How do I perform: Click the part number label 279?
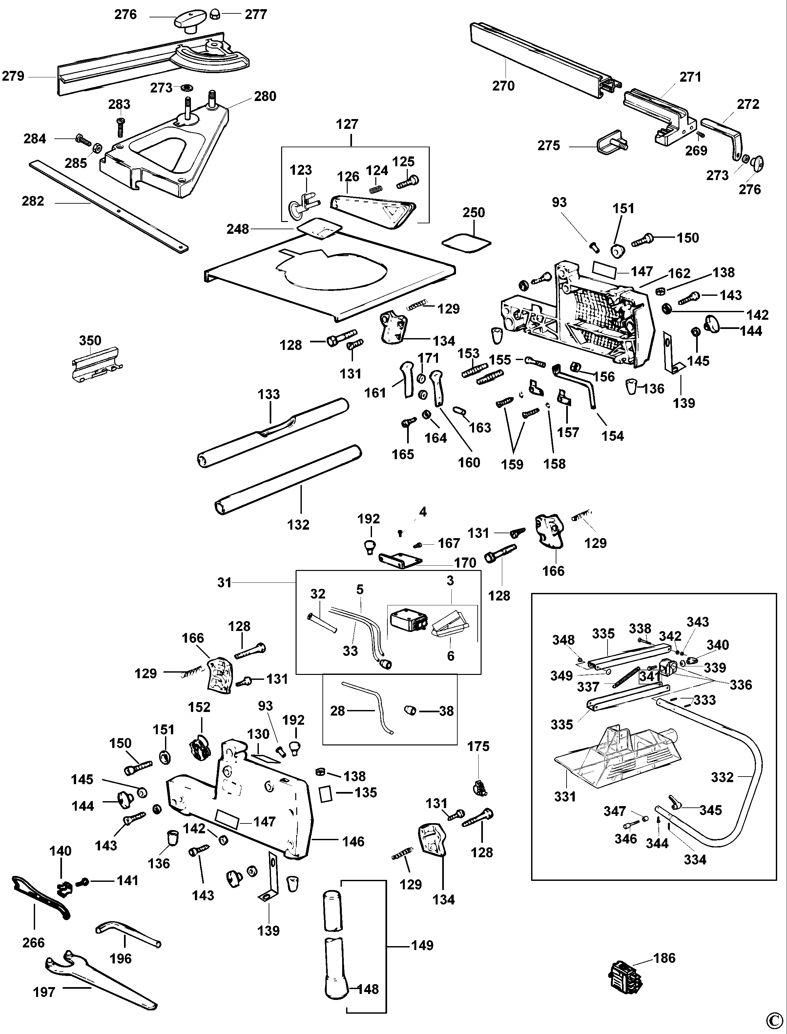(x=13, y=76)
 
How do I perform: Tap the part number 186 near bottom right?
(x=665, y=958)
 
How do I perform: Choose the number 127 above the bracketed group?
(x=347, y=124)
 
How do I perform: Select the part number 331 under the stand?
(x=565, y=797)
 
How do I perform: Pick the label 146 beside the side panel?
(x=353, y=841)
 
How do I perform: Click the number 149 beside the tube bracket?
(x=422, y=945)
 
